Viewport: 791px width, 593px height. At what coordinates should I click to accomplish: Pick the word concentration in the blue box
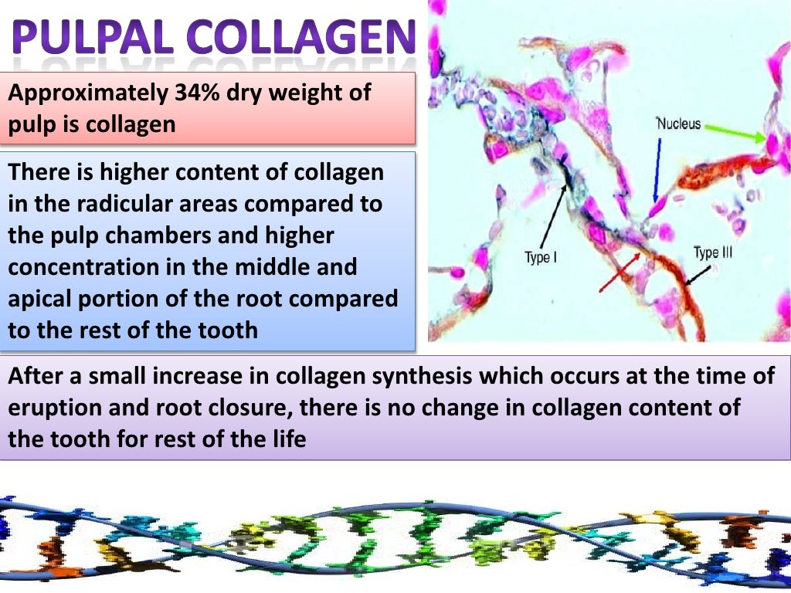[x=85, y=267]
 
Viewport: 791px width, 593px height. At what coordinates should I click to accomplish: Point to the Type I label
[x=541, y=258]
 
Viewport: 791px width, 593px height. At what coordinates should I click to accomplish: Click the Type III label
[x=711, y=253]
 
